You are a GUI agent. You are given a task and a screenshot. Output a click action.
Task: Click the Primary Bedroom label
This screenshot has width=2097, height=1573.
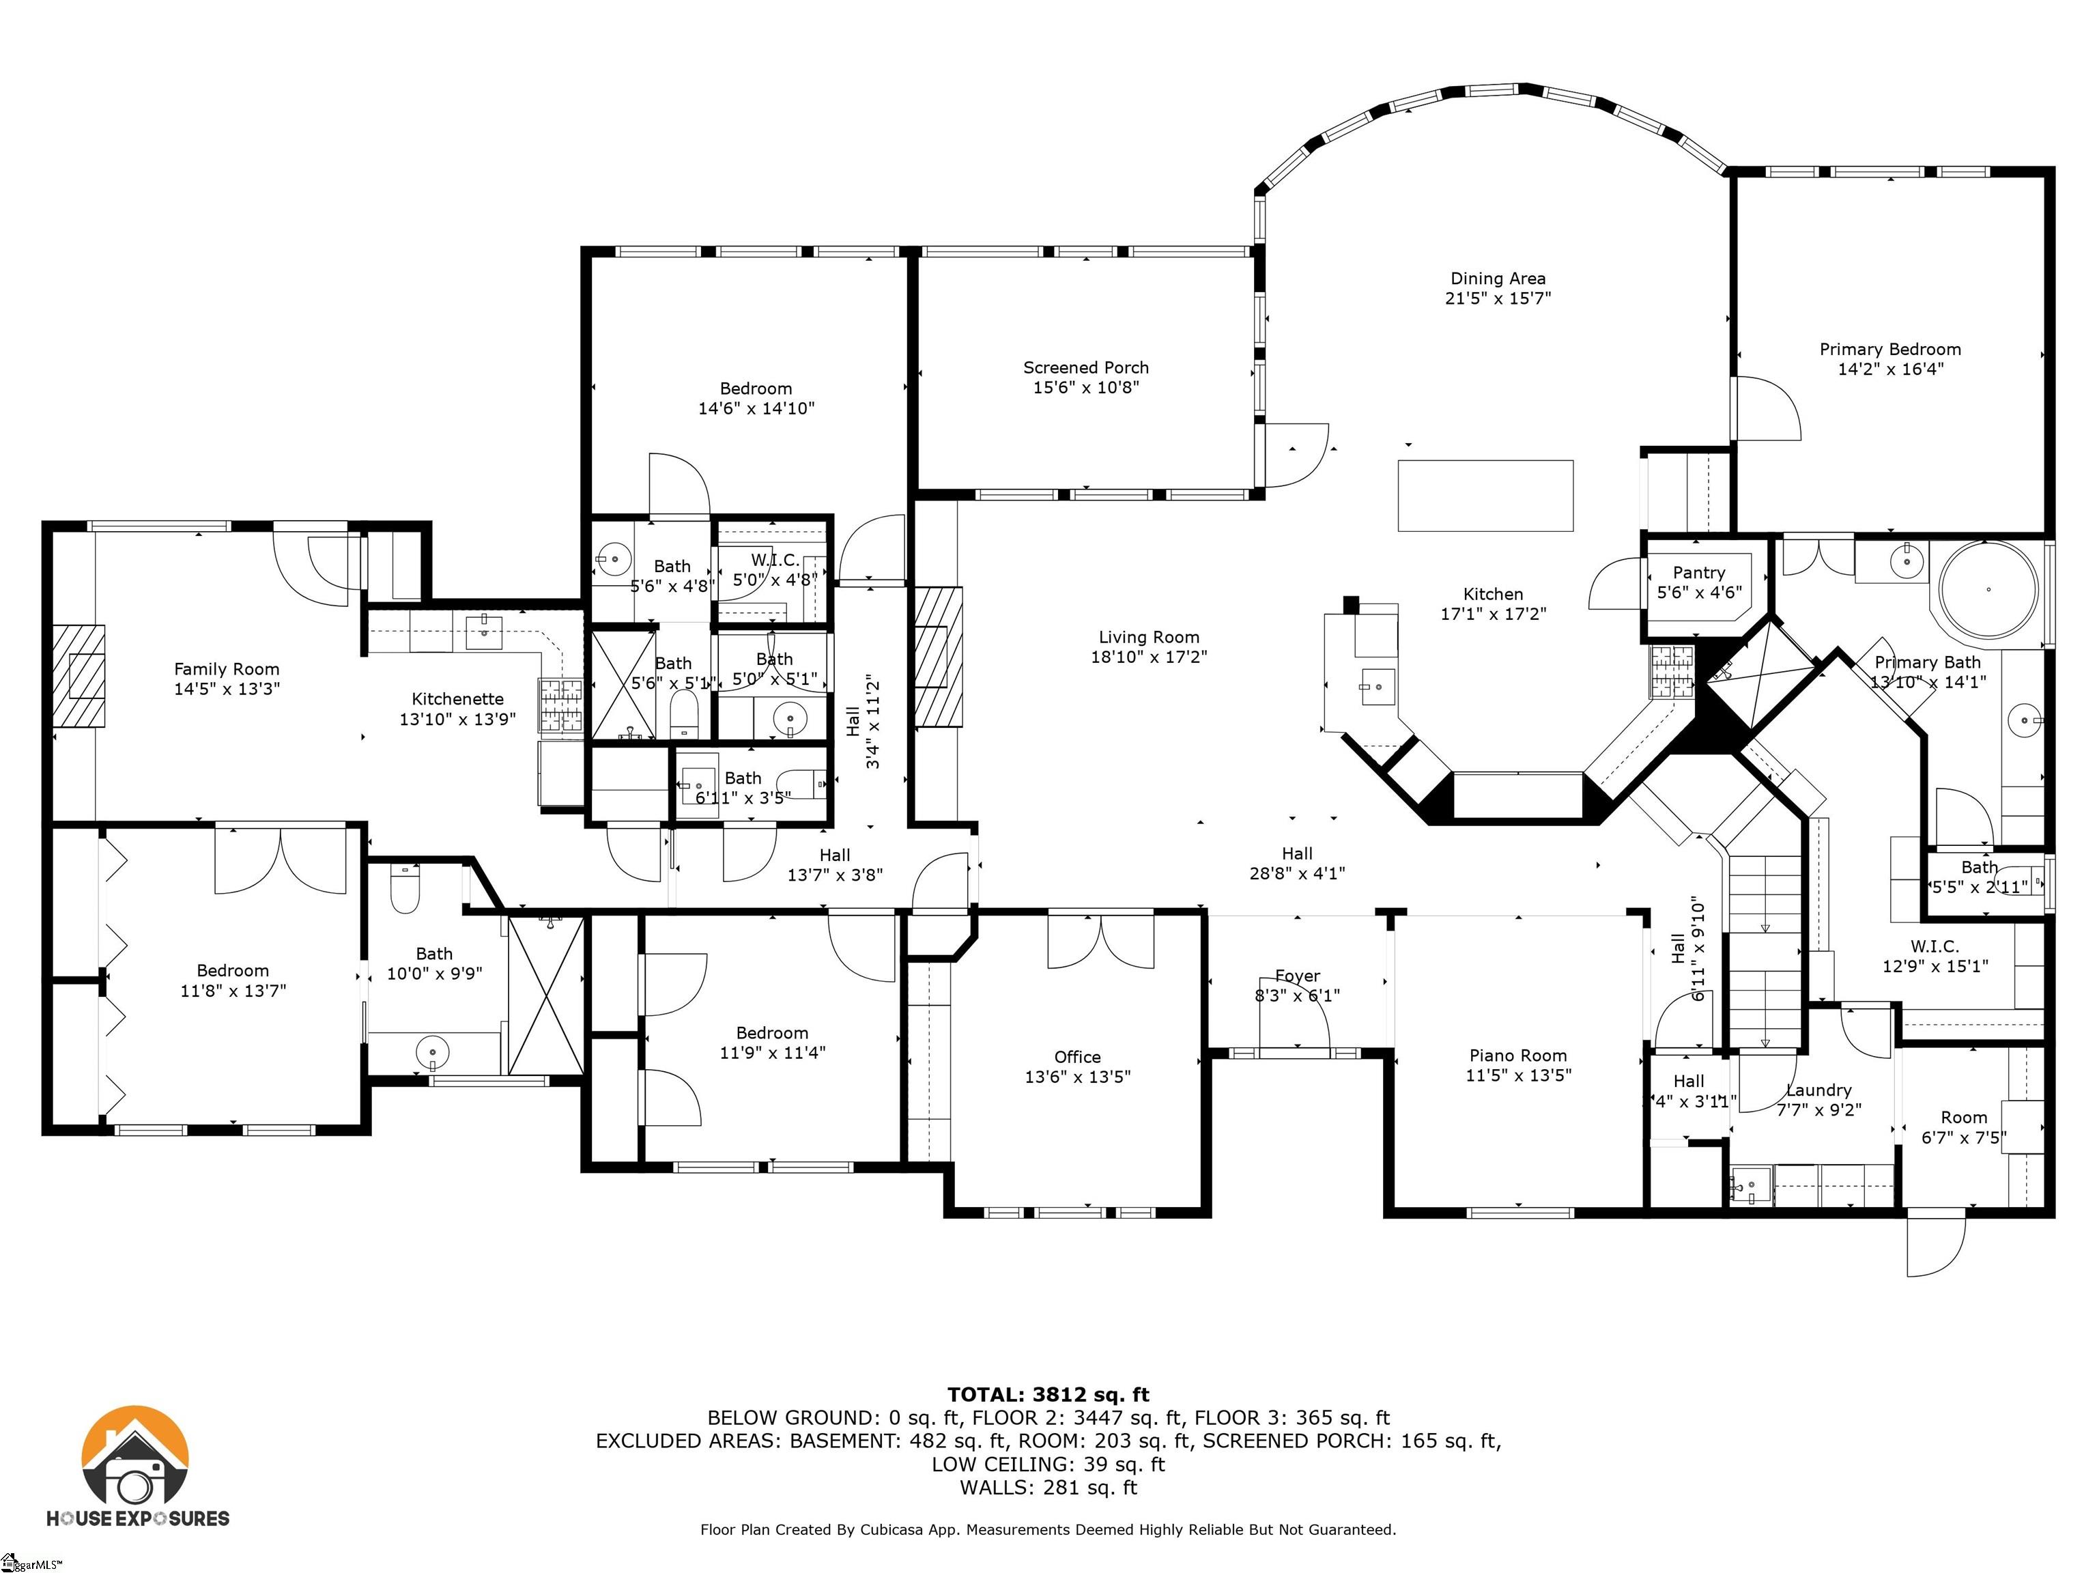[x=1889, y=349]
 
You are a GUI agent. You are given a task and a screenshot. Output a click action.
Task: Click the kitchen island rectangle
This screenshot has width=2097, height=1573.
[x=1485, y=495]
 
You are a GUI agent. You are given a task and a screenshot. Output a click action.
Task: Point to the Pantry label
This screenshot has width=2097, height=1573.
[x=1698, y=573]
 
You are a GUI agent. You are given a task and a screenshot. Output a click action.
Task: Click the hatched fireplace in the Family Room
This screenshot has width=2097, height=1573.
[x=78, y=675]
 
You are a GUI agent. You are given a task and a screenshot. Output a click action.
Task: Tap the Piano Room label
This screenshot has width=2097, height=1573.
[x=1517, y=1055]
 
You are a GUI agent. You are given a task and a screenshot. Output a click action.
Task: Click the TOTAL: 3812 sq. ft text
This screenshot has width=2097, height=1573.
[x=1048, y=1395]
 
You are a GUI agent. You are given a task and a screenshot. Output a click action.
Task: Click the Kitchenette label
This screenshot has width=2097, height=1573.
[x=457, y=699]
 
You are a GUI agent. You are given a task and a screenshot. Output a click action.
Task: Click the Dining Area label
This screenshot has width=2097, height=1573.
[x=1497, y=279]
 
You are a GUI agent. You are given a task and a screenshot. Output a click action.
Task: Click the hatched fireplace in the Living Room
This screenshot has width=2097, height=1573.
[x=937, y=656]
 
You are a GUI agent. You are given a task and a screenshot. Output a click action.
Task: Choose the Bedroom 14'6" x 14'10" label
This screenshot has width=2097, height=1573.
[x=756, y=388]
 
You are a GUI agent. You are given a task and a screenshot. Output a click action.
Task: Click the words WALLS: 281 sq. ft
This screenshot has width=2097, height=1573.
[x=1048, y=1488]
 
